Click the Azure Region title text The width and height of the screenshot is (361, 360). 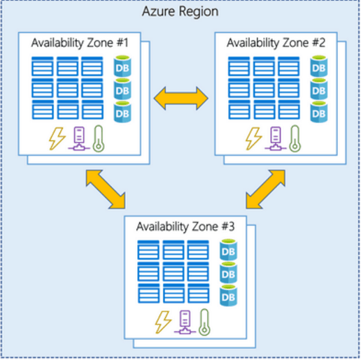tap(180, 12)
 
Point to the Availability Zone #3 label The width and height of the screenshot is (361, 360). tap(181, 227)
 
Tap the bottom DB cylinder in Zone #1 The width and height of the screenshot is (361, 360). tap(122, 112)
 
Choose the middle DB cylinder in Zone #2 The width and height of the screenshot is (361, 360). tap(319, 90)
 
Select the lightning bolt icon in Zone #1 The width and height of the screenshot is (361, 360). tap(56, 139)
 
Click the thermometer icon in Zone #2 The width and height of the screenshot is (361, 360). tap(292, 138)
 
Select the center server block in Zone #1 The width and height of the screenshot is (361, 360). tap(69, 89)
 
